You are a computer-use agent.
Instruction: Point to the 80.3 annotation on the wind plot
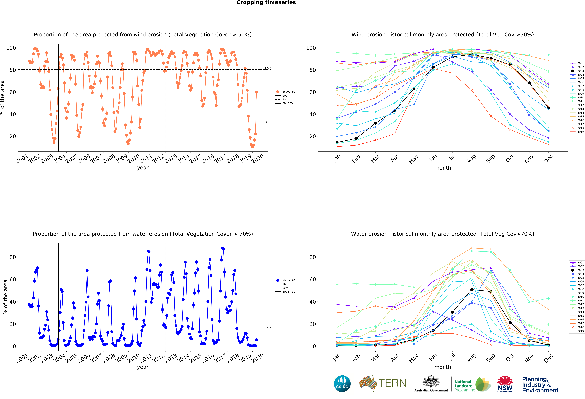(x=268, y=69)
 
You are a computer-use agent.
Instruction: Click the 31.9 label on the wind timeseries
(x=268, y=122)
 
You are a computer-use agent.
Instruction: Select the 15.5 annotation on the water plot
(x=268, y=328)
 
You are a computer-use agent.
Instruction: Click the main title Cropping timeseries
(x=266, y=2)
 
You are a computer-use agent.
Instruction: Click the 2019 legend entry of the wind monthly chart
(x=577, y=132)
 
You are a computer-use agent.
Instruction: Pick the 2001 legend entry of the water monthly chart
(x=577, y=263)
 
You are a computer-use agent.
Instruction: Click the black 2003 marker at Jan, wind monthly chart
(x=337, y=143)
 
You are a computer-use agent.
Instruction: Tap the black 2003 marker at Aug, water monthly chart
(x=471, y=290)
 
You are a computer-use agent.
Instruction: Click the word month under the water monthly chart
(x=443, y=367)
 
